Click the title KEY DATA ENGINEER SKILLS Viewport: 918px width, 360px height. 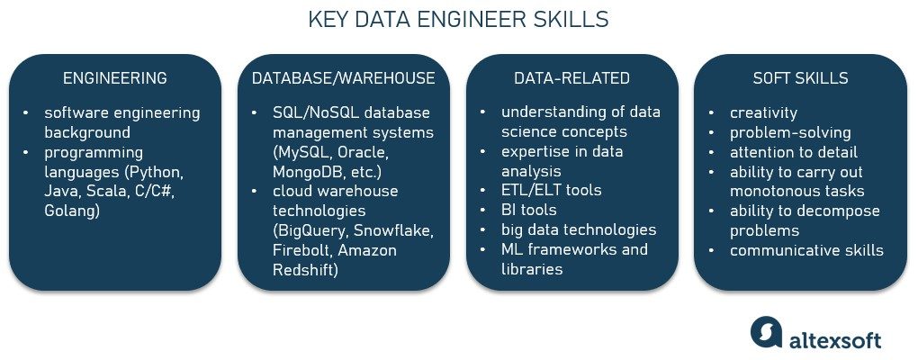click(458, 19)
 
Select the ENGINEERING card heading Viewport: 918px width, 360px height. click(114, 78)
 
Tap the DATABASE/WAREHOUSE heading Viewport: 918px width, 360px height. click(343, 78)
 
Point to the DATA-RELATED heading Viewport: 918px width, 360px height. click(571, 78)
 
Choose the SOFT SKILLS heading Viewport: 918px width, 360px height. click(800, 78)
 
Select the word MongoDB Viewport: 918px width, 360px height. click(306, 171)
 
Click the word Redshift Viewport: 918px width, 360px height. click(306, 270)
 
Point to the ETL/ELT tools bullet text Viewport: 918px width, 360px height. click(551, 191)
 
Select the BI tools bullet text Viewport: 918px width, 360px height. click(531, 211)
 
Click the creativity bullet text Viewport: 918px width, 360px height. click(764, 112)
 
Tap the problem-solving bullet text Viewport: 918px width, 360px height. click(790, 132)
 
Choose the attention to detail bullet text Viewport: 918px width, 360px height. click(794, 152)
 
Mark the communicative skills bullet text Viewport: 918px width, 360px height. click(807, 250)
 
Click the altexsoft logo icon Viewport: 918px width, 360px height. click(766, 331)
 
